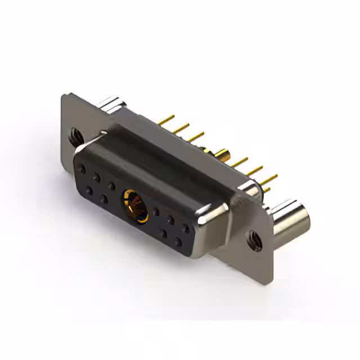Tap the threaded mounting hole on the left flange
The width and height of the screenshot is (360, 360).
point(75,135)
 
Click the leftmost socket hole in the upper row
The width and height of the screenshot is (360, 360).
point(83,168)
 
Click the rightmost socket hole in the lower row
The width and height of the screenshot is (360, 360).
point(178,242)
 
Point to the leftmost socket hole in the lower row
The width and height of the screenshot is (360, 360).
point(89,191)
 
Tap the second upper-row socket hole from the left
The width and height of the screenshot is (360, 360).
point(97,177)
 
